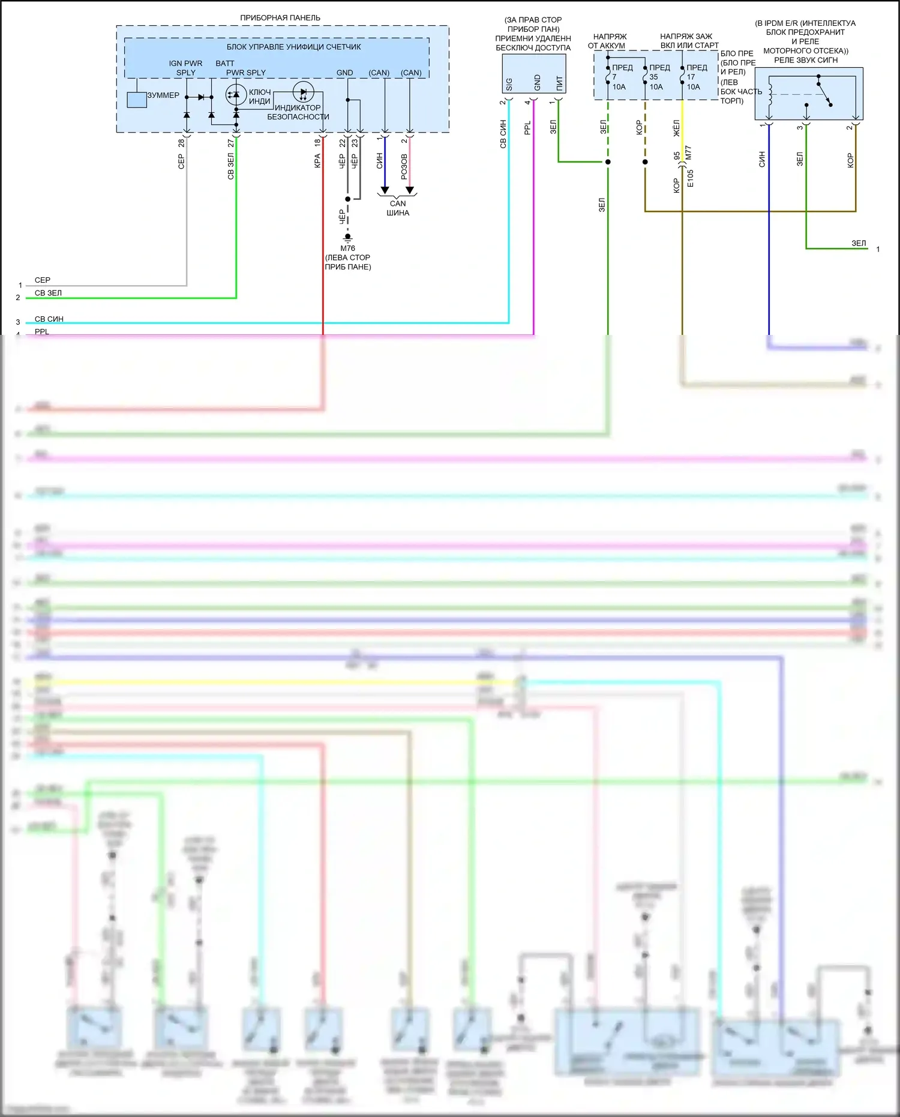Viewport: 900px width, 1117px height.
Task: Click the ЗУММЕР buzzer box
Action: [x=137, y=100]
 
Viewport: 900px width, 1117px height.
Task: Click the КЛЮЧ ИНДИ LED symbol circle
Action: [x=236, y=95]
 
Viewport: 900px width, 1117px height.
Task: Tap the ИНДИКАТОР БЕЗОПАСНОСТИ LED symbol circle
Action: [x=303, y=93]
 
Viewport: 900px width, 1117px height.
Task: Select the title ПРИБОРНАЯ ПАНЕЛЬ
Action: [x=280, y=18]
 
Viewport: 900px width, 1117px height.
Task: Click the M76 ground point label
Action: [x=347, y=248]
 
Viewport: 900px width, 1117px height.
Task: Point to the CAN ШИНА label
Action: [x=398, y=208]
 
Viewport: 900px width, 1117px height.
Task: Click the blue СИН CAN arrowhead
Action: [x=385, y=190]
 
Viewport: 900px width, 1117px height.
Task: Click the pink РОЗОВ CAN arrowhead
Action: [x=410, y=190]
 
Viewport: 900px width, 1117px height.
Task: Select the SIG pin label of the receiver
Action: [x=509, y=84]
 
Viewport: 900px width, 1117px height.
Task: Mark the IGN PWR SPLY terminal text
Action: [x=185, y=68]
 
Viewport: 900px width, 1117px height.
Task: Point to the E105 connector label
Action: [x=691, y=178]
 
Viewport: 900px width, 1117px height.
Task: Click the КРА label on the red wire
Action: [x=317, y=161]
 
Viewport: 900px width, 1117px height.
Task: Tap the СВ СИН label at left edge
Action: [x=49, y=319]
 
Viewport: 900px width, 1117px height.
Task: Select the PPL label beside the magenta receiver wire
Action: [x=527, y=128]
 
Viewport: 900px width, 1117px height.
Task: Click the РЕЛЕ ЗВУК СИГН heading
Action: [x=805, y=60]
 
